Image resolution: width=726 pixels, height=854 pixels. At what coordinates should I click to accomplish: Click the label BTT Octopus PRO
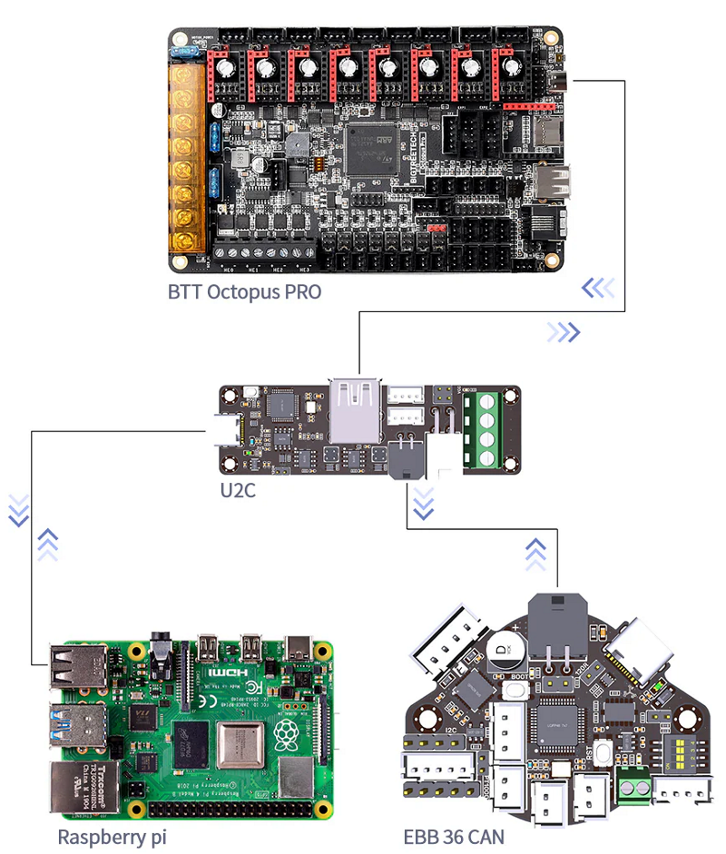[244, 292]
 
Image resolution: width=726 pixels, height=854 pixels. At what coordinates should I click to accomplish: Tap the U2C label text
[239, 490]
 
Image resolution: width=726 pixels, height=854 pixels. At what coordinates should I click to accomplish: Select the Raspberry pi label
[112, 836]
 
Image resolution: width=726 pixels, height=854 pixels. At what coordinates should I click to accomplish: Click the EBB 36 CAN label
[454, 836]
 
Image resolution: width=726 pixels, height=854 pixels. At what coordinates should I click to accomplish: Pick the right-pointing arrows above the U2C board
[563, 332]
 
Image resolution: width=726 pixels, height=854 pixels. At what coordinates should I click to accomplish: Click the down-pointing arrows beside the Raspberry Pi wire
[18, 511]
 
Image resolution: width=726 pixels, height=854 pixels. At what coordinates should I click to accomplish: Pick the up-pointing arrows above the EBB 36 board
[535, 549]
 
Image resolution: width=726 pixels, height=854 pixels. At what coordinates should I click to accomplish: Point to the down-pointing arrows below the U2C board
[423, 500]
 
